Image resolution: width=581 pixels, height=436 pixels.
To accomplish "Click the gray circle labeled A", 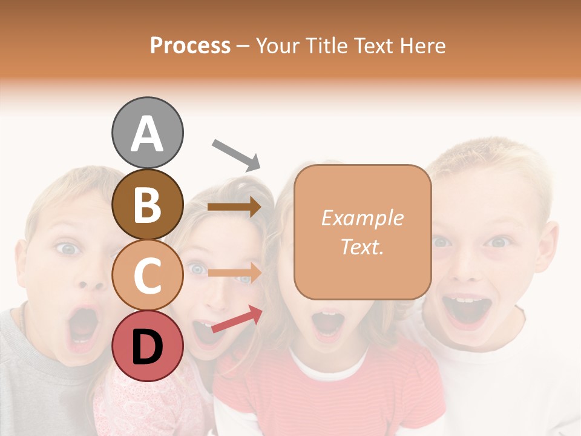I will click(147, 133).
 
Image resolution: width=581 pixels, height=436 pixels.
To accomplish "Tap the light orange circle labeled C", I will click(147, 275).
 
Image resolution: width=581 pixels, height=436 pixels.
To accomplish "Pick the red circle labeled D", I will click(147, 346).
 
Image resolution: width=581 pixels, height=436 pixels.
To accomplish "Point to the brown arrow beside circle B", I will click(234, 207).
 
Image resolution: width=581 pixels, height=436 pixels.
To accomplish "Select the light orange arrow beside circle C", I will click(234, 272).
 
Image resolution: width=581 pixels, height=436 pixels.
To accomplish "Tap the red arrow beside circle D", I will click(237, 319).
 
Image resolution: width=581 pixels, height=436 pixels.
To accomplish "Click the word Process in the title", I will click(190, 45).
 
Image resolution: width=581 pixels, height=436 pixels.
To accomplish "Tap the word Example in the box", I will click(362, 218).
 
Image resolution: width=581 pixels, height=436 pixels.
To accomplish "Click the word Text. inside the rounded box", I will click(362, 246).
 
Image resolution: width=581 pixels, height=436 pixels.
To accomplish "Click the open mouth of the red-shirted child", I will click(329, 324).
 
